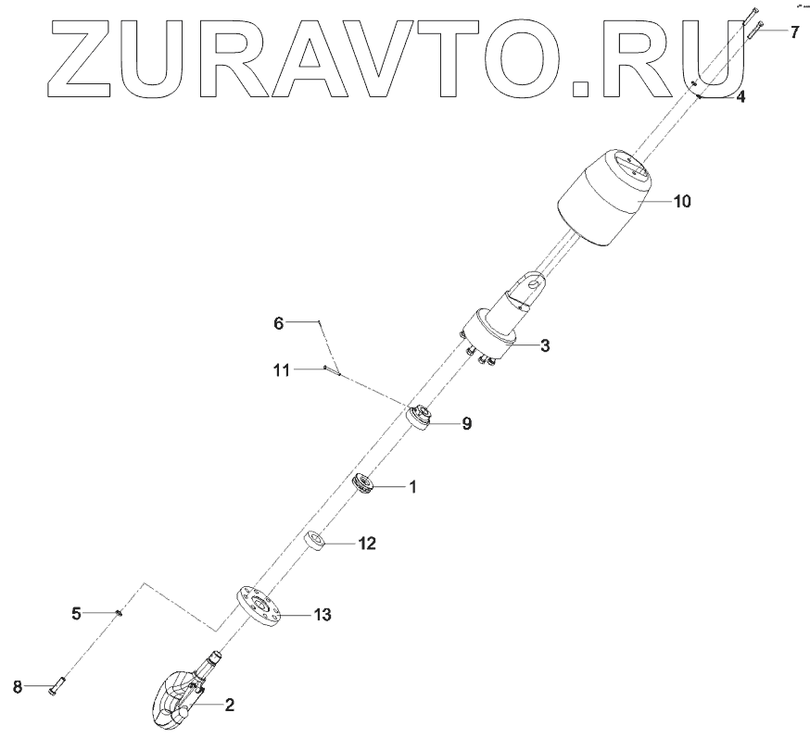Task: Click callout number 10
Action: pos(681,200)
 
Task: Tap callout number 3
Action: pos(545,345)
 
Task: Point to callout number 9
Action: pos(466,423)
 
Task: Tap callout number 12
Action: pos(367,544)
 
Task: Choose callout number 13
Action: pos(322,614)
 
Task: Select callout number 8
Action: pos(18,686)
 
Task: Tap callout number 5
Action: pos(78,612)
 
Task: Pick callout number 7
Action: pos(794,32)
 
